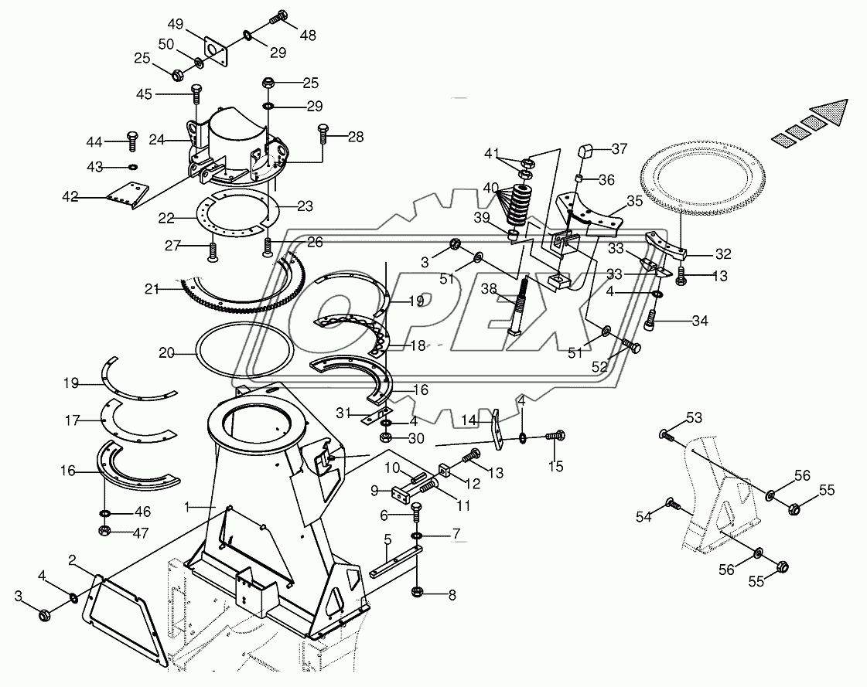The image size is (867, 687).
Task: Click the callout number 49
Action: [176, 24]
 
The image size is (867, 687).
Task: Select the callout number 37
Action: [620, 148]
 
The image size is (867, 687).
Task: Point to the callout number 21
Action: [152, 288]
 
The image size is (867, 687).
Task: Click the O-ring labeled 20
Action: [244, 352]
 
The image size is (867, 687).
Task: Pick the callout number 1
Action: [187, 506]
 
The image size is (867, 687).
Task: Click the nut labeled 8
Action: [418, 592]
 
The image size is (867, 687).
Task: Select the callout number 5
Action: [387, 539]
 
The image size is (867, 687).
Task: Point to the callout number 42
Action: [70, 196]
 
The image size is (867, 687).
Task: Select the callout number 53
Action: [695, 418]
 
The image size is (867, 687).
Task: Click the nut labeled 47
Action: [104, 531]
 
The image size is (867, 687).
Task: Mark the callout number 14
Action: [469, 420]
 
